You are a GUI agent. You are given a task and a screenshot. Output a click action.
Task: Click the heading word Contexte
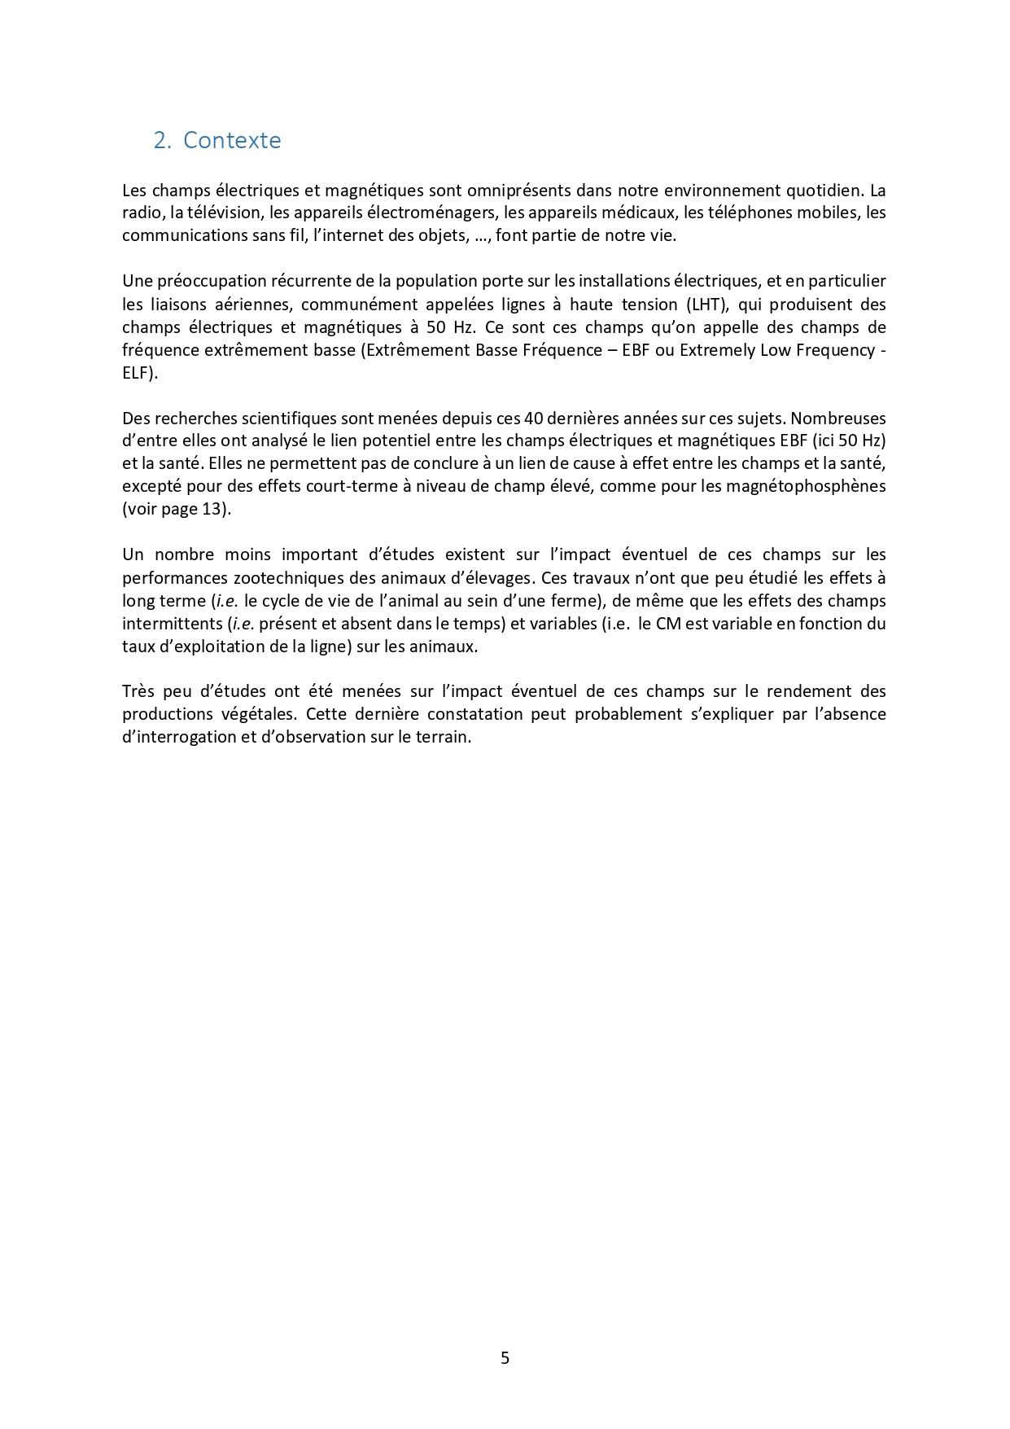coord(232,140)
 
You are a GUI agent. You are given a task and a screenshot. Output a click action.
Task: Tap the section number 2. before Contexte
coord(162,140)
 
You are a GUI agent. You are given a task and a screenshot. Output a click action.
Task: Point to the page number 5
coord(505,1357)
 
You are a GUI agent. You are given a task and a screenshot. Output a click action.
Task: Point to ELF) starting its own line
coord(140,373)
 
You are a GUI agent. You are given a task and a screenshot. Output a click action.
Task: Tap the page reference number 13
coord(211,510)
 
